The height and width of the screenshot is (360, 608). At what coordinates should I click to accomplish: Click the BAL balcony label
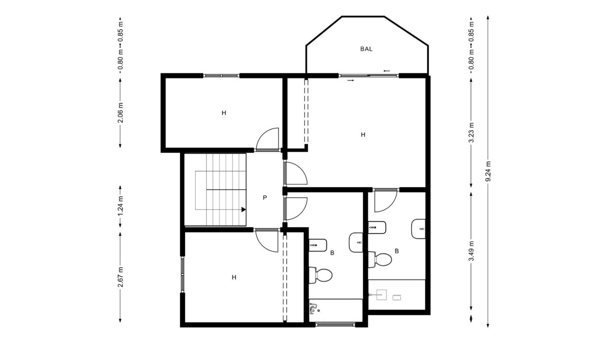click(366, 49)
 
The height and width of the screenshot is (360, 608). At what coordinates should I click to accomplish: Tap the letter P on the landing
click(265, 198)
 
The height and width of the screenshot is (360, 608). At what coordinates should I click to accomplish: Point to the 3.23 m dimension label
click(471, 134)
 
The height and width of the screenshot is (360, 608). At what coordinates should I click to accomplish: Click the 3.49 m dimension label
click(471, 251)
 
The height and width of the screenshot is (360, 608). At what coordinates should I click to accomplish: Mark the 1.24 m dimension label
click(120, 206)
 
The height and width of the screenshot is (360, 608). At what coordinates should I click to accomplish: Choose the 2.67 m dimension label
click(120, 277)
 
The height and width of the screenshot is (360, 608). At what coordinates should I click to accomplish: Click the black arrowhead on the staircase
click(243, 210)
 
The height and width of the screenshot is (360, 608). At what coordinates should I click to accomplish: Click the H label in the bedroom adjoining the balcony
click(363, 135)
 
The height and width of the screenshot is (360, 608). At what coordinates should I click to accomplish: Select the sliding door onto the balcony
click(369, 75)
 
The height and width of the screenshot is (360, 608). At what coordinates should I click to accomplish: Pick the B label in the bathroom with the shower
click(397, 251)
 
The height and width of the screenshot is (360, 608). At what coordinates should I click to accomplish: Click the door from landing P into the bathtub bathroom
click(296, 208)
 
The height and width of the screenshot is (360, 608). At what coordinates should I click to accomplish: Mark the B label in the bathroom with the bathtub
click(332, 253)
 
